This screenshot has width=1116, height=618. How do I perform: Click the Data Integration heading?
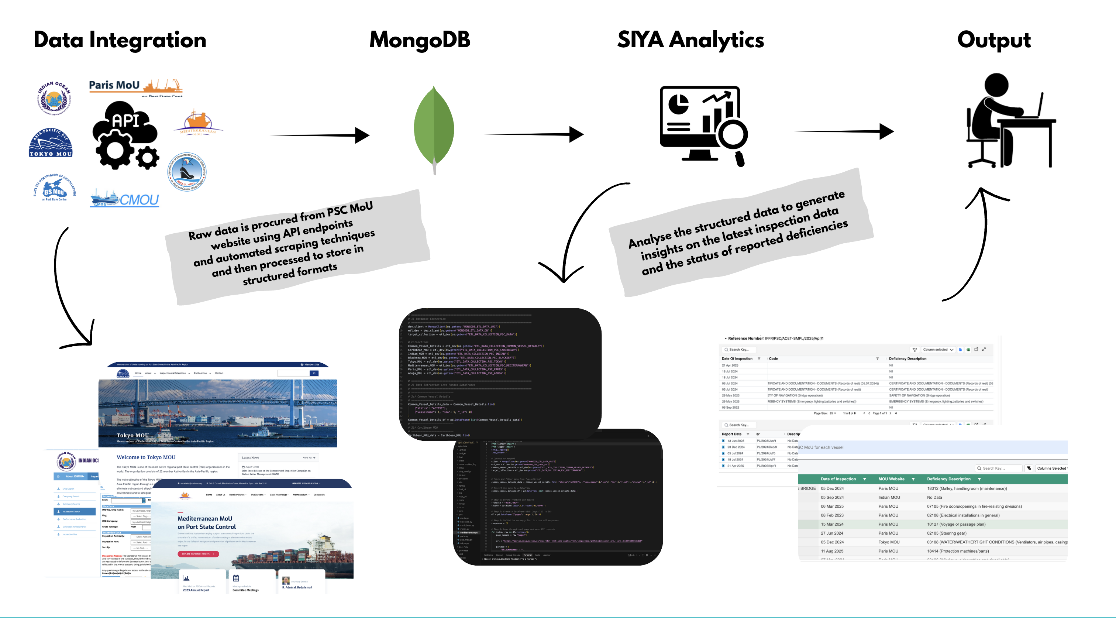tap(120, 40)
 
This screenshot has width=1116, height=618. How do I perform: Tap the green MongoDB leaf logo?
tap(434, 128)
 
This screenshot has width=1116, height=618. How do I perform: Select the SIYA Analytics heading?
tap(690, 40)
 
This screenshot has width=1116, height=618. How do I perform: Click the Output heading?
tap(994, 40)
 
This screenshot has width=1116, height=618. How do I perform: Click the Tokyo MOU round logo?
tap(51, 143)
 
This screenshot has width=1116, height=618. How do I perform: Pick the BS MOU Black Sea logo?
tap(55, 188)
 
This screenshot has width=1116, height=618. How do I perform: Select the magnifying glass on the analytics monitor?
tap(733, 135)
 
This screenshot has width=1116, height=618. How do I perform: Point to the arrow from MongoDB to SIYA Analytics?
tap(534, 134)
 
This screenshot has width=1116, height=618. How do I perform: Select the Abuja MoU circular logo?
tap(187, 172)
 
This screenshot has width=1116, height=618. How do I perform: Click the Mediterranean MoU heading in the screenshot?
tap(205, 518)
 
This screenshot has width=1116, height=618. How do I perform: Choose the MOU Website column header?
tap(891, 479)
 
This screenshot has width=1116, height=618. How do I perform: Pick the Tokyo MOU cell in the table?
tap(889, 542)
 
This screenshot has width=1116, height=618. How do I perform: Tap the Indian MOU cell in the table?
tap(889, 498)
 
